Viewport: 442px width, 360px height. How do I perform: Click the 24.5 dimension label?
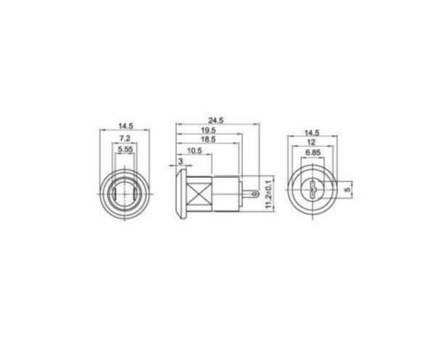pyautogui.click(x=216, y=120)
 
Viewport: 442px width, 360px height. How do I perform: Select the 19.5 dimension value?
pyautogui.click(x=209, y=130)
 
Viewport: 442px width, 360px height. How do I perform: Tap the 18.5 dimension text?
pyautogui.click(x=209, y=139)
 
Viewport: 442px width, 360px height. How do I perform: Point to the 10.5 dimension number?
pyautogui.click(x=194, y=150)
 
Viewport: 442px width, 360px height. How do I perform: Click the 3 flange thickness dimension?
pyautogui.click(x=180, y=161)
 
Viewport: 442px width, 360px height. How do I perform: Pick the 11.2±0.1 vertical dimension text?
pyautogui.click(x=269, y=193)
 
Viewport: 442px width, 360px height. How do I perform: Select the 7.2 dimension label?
pyautogui.click(x=125, y=138)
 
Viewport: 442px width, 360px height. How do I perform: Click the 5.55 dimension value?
pyautogui.click(x=126, y=149)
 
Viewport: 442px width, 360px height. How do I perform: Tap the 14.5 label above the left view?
pyautogui.click(x=126, y=126)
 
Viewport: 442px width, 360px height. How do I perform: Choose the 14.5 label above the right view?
pyautogui.click(x=312, y=133)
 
